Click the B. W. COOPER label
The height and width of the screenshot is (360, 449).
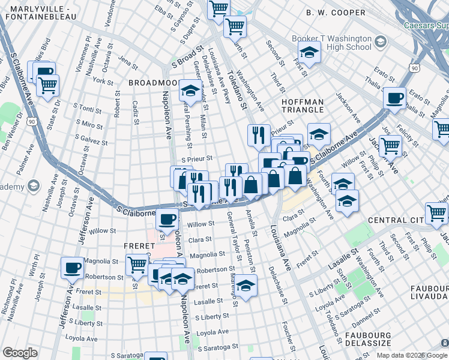[x=335, y=12]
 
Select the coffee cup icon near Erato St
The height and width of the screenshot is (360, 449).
[x=394, y=98]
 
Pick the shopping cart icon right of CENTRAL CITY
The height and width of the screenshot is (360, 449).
[x=436, y=214]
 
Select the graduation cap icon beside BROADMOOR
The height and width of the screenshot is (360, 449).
[x=190, y=91]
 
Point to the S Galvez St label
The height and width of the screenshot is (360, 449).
[x=92, y=142]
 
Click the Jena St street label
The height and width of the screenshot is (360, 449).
[x=128, y=60]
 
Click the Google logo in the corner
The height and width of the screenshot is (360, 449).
[x=20, y=353]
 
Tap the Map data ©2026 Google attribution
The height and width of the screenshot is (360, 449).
[x=411, y=355]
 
